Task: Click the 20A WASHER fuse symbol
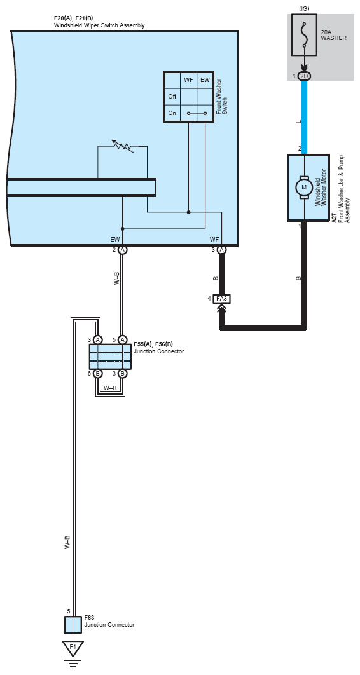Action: [305, 35]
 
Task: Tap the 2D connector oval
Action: [305, 76]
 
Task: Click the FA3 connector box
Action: [221, 299]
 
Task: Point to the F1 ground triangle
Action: [73, 648]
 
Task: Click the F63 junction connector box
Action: [73, 624]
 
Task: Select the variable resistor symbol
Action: [122, 146]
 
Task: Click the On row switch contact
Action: [197, 114]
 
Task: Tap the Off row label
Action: [172, 97]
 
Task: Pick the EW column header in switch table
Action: [205, 79]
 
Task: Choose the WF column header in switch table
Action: [189, 79]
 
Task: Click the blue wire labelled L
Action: [305, 117]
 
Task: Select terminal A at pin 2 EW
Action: [122, 250]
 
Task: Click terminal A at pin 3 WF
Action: [222, 250]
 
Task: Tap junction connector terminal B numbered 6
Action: [98, 373]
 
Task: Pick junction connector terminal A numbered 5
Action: [122, 339]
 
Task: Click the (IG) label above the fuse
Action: [305, 8]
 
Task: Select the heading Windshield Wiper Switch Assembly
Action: [99, 25]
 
